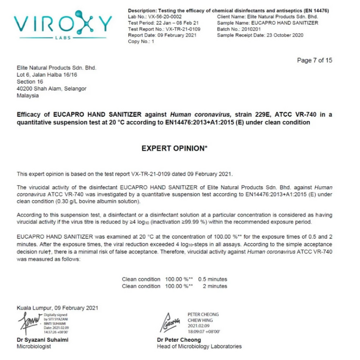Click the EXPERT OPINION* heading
[175, 148]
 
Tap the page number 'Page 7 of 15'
[314, 60]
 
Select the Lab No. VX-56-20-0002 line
[155, 16]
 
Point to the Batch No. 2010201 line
[238, 29]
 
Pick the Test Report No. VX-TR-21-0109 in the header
[164, 29]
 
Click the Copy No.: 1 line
[141, 42]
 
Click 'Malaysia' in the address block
[28, 96]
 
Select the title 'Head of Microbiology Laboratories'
[199, 347]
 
